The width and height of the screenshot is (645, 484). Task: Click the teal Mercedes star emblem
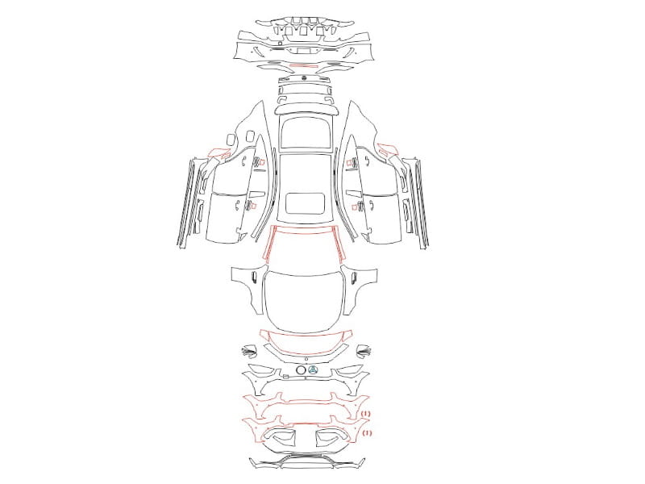click(313, 370)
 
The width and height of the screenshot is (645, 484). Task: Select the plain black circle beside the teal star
click(301, 370)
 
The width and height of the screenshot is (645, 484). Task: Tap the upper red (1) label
click(366, 413)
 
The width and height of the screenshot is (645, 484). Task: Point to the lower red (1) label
click(366, 432)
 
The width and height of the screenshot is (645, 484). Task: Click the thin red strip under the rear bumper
click(304, 65)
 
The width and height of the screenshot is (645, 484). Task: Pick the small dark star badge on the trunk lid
click(305, 77)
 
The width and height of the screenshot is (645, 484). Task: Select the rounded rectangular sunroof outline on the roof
click(305, 203)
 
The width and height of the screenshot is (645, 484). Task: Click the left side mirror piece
click(249, 351)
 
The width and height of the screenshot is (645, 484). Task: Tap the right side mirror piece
click(364, 350)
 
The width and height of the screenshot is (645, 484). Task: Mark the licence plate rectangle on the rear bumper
click(305, 51)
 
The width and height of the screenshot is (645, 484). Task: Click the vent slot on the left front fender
click(254, 277)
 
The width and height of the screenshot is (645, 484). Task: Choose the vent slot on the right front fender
click(354, 277)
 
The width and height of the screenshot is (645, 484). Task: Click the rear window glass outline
click(305, 131)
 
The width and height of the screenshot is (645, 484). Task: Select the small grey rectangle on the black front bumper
click(285, 376)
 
